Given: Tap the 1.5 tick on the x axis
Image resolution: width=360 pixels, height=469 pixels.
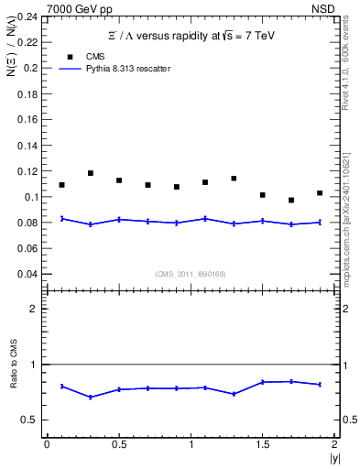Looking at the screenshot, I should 262,444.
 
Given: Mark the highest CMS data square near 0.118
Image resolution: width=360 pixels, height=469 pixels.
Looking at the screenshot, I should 91,173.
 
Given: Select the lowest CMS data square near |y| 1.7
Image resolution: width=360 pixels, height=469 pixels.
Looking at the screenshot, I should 291,200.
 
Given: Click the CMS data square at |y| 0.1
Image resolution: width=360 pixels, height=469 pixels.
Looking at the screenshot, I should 62,185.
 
